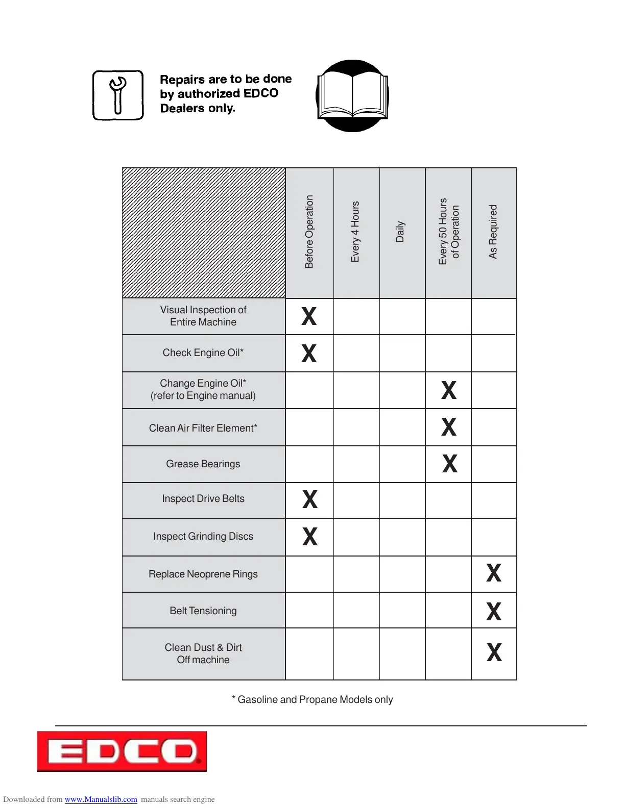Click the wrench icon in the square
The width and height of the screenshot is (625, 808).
click(x=118, y=95)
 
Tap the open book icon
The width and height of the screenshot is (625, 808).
click(x=352, y=96)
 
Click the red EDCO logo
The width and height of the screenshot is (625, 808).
click(x=122, y=751)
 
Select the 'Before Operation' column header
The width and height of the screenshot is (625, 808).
click(x=309, y=232)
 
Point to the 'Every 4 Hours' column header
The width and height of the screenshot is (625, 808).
click(x=355, y=232)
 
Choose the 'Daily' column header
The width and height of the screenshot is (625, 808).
click(x=400, y=232)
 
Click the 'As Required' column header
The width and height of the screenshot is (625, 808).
click(x=493, y=232)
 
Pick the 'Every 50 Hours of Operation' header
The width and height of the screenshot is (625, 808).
click(x=449, y=232)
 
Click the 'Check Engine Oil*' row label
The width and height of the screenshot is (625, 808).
click(x=203, y=352)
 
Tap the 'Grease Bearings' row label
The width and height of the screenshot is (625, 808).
click(x=203, y=464)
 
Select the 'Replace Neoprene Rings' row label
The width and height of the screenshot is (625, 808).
click(x=203, y=574)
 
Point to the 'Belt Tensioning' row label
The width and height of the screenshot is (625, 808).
click(x=203, y=611)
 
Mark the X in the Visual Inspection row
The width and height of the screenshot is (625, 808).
click(x=309, y=316)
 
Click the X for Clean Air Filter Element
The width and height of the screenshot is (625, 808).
click(x=449, y=427)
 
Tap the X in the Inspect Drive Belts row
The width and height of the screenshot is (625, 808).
click(x=310, y=499)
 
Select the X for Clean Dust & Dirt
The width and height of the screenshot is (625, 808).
click(x=494, y=652)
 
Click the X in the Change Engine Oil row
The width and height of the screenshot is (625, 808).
click(x=449, y=390)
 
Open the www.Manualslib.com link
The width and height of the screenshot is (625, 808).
click(x=101, y=799)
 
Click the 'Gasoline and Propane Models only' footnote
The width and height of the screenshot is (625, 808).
click(x=312, y=699)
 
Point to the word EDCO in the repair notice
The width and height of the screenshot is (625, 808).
click(x=261, y=93)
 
